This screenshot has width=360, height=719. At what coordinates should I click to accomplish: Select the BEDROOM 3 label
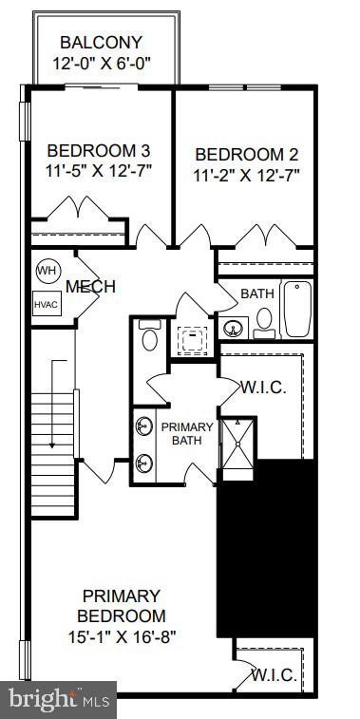pyautogui.click(x=99, y=150)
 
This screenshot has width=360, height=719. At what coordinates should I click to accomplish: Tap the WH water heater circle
pyautogui.click(x=47, y=271)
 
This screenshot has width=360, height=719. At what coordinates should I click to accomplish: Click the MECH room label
pyautogui.click(x=90, y=287)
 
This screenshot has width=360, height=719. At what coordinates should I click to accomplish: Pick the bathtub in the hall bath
pyautogui.click(x=296, y=310)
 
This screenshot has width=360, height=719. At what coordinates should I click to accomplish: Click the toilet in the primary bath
pyautogui.click(x=148, y=337)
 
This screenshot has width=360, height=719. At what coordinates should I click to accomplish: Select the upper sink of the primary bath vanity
pyautogui.click(x=144, y=426)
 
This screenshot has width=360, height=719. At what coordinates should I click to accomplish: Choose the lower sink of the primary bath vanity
pyautogui.click(x=144, y=463)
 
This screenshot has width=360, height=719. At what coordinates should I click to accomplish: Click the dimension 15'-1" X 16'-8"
pyautogui.click(x=121, y=636)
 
